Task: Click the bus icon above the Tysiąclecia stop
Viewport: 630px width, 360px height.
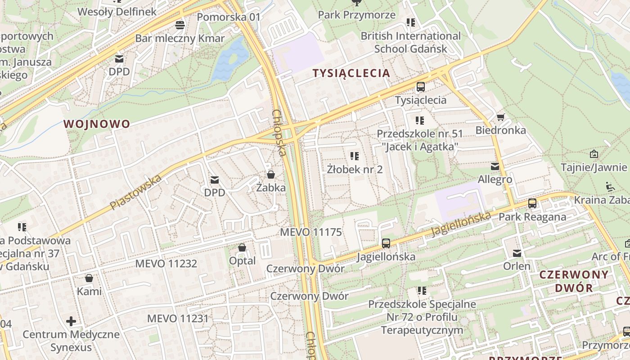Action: pyautogui.click(x=421, y=87)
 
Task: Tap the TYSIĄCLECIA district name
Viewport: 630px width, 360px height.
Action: pyautogui.click(x=351, y=73)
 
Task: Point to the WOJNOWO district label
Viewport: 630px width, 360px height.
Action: pyautogui.click(x=97, y=124)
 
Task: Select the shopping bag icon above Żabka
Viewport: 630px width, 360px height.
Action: pyautogui.click(x=271, y=174)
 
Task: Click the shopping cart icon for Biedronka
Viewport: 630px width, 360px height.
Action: pyautogui.click(x=500, y=117)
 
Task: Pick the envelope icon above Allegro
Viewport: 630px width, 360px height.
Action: pyautogui.click(x=495, y=166)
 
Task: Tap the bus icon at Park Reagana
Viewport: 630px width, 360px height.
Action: pyautogui.click(x=532, y=203)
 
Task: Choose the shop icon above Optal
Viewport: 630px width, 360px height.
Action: pyautogui.click(x=242, y=247)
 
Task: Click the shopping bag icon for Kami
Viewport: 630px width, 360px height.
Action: pyautogui.click(x=89, y=278)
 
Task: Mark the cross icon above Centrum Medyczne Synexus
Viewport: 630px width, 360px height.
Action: pyautogui.click(x=71, y=321)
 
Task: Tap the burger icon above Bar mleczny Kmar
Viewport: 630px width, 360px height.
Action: pyautogui.click(x=180, y=25)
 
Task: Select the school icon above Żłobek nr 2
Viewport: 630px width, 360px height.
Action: pyautogui.click(x=355, y=156)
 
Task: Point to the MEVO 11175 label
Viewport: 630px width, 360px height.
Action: pyautogui.click(x=311, y=232)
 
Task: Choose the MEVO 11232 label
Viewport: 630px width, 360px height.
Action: pyautogui.click(x=166, y=263)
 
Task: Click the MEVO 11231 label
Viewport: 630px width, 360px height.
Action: pyautogui.click(x=178, y=319)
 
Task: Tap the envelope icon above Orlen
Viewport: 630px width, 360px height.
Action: pyautogui.click(x=517, y=253)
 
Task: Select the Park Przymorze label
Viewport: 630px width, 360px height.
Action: pyautogui.click(x=357, y=15)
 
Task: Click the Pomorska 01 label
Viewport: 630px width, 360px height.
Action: pyautogui.click(x=229, y=17)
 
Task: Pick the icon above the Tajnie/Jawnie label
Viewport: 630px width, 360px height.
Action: pyautogui.click(x=594, y=154)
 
